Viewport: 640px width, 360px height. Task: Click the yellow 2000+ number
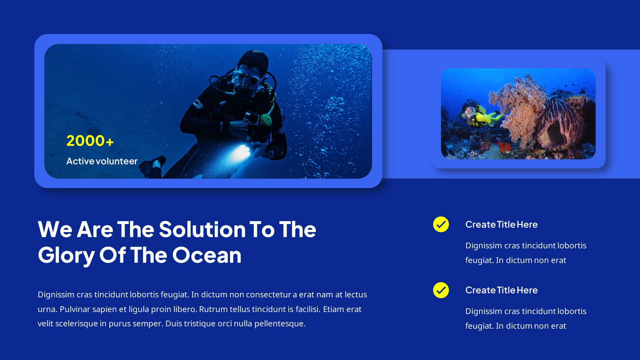pos(90,141)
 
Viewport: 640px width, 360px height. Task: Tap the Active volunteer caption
pos(102,161)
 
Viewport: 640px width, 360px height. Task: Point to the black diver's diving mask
pos(247,79)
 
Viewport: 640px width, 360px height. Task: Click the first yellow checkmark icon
pos(441,224)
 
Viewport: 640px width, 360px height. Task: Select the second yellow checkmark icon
pos(441,290)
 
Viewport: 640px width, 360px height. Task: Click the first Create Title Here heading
pos(501,225)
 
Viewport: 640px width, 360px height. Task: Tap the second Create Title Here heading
pos(501,290)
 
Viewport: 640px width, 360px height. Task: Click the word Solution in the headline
pos(202,230)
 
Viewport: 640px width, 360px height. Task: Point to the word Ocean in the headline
pos(207,255)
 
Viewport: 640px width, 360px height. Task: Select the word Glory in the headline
pos(66,255)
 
